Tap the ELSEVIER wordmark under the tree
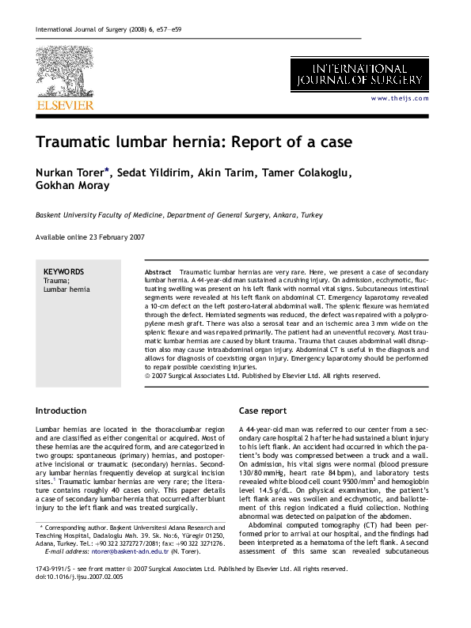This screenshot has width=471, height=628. coord(64,104)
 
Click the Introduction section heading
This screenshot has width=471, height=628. coord(61,410)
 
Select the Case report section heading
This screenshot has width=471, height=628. coord(263,410)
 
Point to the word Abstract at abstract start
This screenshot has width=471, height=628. coord(160,271)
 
